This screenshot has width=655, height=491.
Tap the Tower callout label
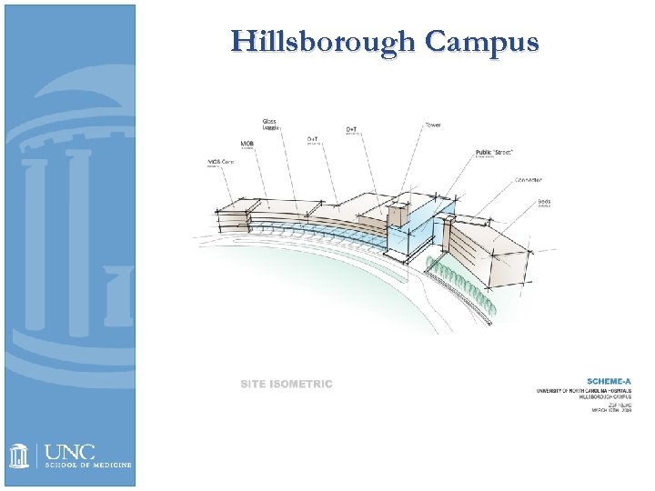tap(433, 124)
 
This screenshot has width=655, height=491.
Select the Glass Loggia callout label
tap(270, 125)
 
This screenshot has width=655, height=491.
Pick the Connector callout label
tap(528, 180)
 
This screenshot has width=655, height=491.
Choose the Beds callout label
tap(544, 202)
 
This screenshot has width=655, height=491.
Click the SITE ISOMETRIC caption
tap(287, 384)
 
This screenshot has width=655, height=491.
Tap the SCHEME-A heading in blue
tap(609, 381)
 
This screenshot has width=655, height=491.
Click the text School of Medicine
tap(88, 465)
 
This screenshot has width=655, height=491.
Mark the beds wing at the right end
tap(491, 250)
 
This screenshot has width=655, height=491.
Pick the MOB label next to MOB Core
tap(247, 144)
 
